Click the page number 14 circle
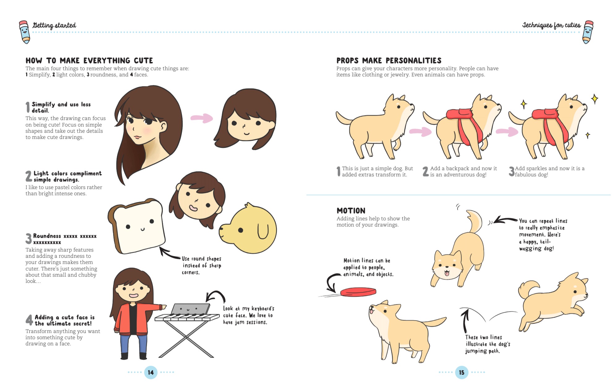click(x=151, y=372)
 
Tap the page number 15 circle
click(x=462, y=372)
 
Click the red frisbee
click(x=358, y=292)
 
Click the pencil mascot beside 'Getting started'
click(x=25, y=32)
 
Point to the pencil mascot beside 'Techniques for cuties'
click(x=588, y=32)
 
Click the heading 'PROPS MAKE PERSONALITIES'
click(x=389, y=60)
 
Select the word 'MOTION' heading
click(x=351, y=211)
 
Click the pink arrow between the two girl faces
click(x=201, y=118)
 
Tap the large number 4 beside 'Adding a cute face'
click(x=29, y=320)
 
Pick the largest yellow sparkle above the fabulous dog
click(x=594, y=99)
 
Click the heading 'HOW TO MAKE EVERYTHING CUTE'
click(x=89, y=60)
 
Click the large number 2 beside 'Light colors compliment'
click(x=29, y=176)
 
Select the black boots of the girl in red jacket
click(x=134, y=356)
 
